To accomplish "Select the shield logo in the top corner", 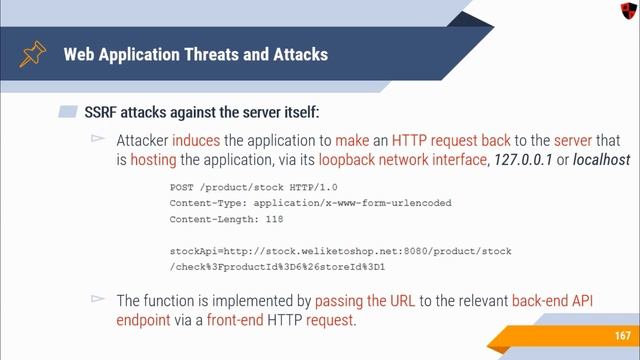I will [625, 11].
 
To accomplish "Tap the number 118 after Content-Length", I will [273, 219].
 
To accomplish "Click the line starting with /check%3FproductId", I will [277, 268].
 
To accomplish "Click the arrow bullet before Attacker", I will [98, 140].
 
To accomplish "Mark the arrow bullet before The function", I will [98, 299].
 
